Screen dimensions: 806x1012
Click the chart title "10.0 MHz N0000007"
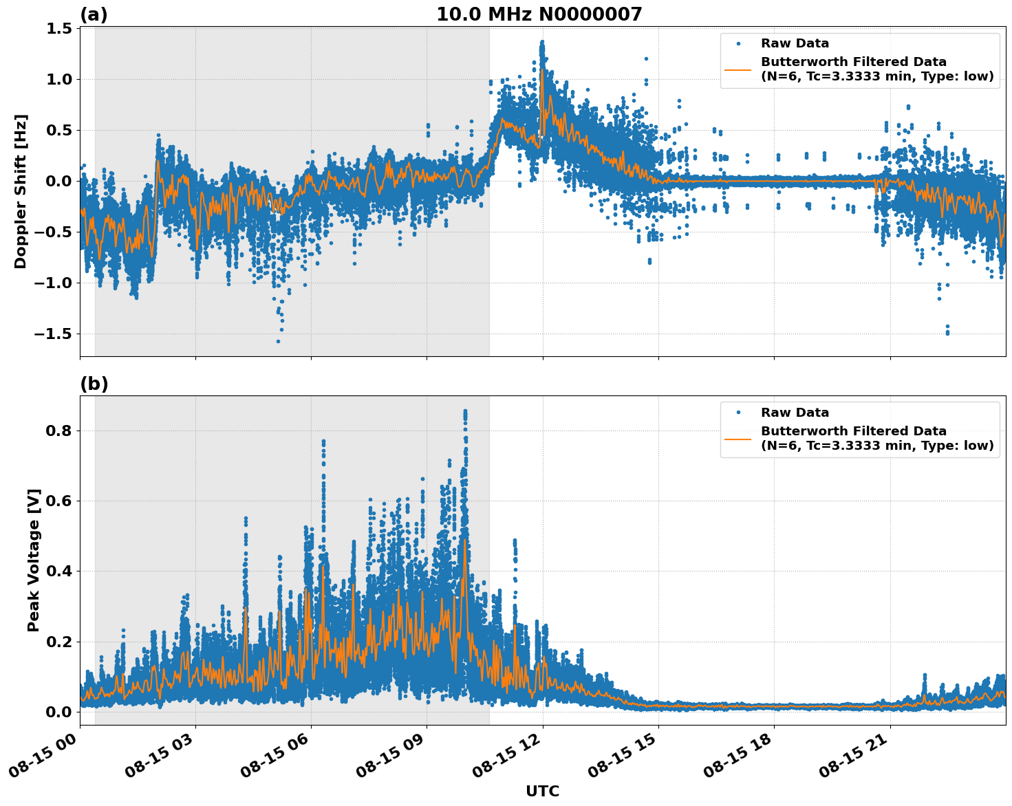539,14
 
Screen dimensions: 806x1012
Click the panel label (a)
94,14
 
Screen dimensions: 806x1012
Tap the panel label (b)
94,384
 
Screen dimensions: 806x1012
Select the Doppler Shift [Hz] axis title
21,191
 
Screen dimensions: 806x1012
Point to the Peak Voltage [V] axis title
34,560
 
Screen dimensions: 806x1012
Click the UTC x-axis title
542,792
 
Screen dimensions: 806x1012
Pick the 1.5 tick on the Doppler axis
59,28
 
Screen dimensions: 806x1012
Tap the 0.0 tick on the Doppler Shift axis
59,181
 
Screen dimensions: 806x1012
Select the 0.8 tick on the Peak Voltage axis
59,431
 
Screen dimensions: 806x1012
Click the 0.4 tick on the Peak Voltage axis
59,571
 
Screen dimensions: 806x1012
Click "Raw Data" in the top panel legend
795,43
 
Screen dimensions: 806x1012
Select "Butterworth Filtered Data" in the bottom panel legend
853,431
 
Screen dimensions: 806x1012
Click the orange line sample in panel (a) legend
738,69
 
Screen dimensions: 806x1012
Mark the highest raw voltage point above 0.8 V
465,411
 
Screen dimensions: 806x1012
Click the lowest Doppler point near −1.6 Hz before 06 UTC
278,341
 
